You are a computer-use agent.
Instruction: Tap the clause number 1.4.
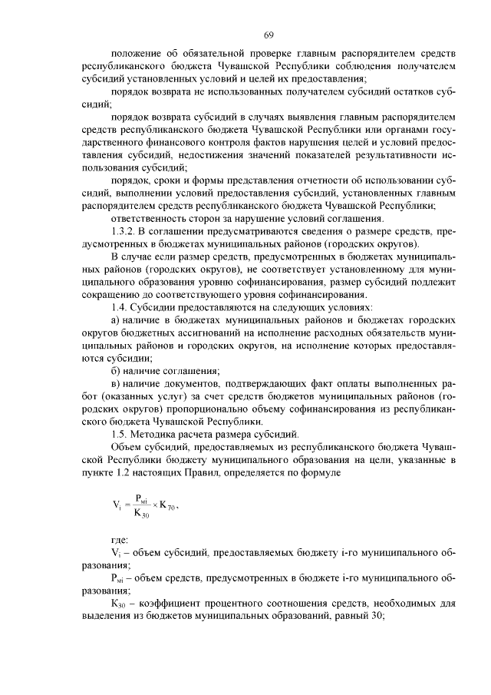click(x=121, y=307)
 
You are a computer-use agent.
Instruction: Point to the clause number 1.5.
click(x=121, y=433)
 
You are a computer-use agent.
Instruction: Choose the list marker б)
click(x=117, y=370)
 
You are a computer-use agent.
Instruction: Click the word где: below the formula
click(x=120, y=540)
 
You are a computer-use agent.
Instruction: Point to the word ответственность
click(x=149, y=219)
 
